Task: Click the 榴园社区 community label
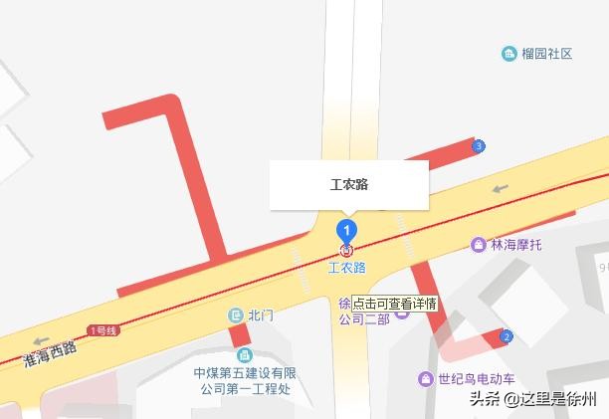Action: (547, 54)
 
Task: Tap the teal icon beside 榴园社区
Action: (509, 54)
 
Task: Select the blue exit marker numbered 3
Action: (480, 146)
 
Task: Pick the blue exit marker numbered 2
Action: (507, 337)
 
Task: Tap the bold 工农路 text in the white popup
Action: (349, 185)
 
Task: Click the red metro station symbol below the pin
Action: (346, 250)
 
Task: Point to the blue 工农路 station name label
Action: (346, 268)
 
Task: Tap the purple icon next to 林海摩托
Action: (480, 244)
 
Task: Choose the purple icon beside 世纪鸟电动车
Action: (425, 379)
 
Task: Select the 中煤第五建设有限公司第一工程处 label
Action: (245, 380)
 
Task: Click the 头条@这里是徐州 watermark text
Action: (533, 399)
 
